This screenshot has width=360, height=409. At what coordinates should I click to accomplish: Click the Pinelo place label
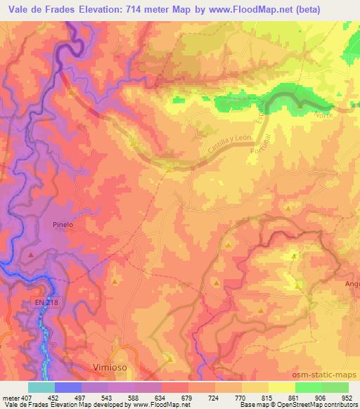click(x=63, y=225)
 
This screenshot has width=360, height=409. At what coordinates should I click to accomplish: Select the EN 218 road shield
click(x=44, y=302)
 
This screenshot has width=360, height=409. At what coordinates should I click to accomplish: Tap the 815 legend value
click(x=269, y=397)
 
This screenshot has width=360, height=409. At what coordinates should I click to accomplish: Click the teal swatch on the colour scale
click(x=41, y=387)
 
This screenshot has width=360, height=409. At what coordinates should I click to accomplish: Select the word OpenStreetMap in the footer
click(x=291, y=405)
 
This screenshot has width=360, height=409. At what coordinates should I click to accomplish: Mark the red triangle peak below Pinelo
click(x=30, y=254)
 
